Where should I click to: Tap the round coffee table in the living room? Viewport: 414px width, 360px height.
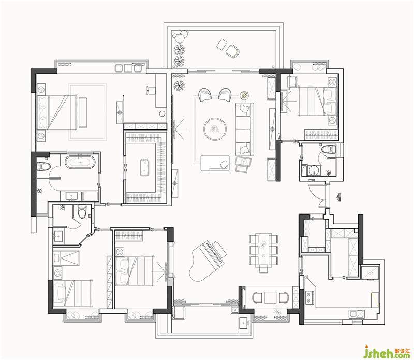[215, 129]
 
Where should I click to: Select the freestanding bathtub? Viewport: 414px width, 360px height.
[80, 162]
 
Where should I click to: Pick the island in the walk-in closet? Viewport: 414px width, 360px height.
[145, 168]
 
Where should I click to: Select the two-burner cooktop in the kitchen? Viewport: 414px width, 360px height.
[309, 297]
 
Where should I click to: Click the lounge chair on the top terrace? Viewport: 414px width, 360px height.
[232, 50]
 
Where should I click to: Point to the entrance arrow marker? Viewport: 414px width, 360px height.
[339, 197]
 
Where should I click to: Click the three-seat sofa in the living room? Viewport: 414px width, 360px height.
[244, 129]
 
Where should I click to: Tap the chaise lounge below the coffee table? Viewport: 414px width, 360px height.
[215, 163]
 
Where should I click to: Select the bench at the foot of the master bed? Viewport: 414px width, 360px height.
[83, 112]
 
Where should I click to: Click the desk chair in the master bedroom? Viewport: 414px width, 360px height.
[151, 90]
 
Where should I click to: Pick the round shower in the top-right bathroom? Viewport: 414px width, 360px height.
[314, 170]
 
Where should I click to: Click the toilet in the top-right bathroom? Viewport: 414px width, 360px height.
[328, 149]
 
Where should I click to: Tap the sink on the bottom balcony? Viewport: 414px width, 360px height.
[244, 323]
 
